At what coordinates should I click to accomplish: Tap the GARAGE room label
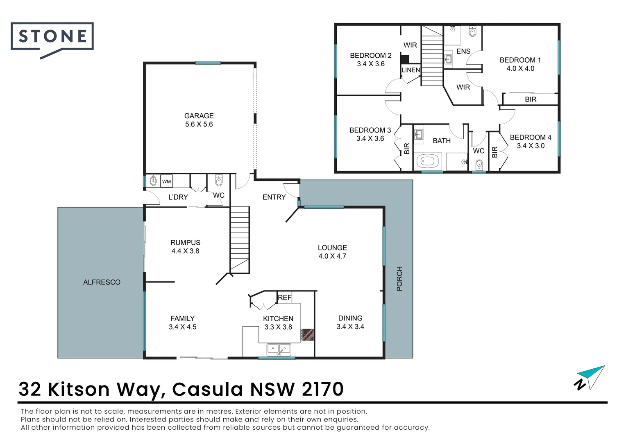point(199,116)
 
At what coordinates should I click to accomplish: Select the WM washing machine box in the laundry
point(166,181)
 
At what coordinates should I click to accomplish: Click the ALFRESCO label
point(102,282)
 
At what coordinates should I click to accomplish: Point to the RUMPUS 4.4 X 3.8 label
point(185,247)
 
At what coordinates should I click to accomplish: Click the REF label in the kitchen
point(284,298)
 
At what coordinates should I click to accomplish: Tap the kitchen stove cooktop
point(308,334)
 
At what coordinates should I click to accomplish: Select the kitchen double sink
point(279,350)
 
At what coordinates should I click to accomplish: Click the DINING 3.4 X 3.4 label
point(350,322)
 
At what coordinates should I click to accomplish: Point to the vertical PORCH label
point(399,279)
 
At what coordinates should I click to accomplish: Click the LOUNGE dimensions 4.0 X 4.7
point(332,256)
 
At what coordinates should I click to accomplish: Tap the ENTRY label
point(274,197)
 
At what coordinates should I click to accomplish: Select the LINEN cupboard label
point(411,70)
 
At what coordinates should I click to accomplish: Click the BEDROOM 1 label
point(520,60)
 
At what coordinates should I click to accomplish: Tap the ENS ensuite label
point(463,51)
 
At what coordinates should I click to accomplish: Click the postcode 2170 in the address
point(322,389)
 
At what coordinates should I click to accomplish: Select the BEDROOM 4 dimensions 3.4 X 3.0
point(531,146)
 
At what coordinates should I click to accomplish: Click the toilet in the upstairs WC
point(479,165)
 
